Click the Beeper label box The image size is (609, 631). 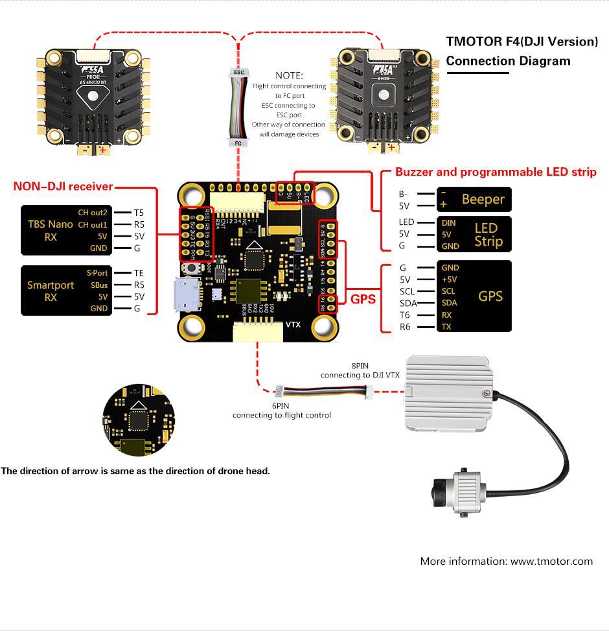coord(475,199)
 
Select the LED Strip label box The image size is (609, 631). coord(475,234)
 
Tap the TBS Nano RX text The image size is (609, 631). coord(51,230)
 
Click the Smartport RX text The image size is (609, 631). coord(51,291)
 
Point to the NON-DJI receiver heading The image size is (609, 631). coord(63,187)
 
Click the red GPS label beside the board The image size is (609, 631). coord(363,300)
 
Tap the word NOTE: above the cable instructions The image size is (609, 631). coord(289,75)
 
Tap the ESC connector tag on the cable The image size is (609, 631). coord(238,73)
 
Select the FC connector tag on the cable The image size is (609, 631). coord(238,143)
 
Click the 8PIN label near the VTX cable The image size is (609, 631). coord(360,366)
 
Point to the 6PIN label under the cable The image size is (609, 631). coord(281,405)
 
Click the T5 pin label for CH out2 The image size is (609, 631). coord(139,212)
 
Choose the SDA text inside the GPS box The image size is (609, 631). coord(450,303)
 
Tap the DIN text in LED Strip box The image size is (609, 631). coord(448,222)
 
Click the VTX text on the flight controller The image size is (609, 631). coord(293,325)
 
